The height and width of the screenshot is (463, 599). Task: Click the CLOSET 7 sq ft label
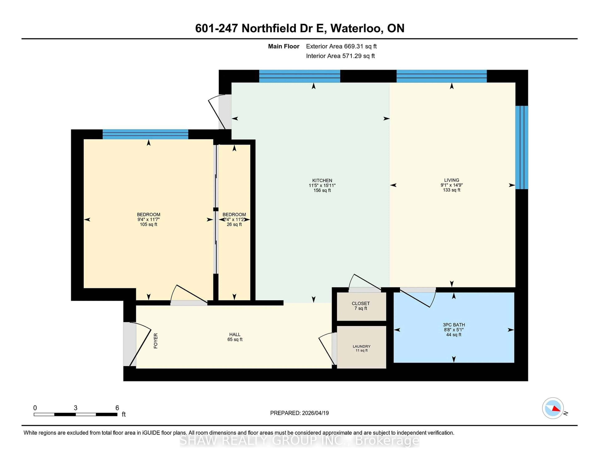tap(361, 306)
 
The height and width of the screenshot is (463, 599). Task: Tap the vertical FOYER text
tap(156, 341)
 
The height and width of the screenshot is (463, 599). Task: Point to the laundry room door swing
tap(326, 348)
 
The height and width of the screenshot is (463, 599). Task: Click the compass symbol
tap(553, 408)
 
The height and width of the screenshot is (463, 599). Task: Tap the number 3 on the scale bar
tap(75, 408)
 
